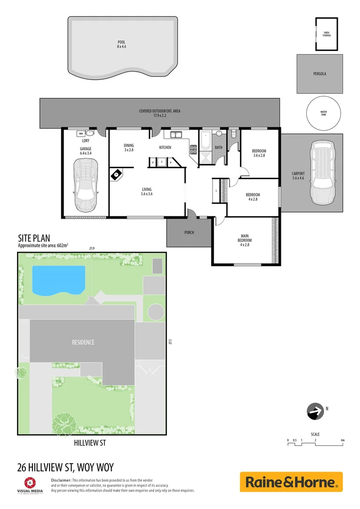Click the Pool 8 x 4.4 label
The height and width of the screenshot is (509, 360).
(x=122, y=44)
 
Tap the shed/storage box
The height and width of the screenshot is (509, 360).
(x=326, y=34)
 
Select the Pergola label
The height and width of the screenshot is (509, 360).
(x=319, y=74)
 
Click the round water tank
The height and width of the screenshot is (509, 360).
(x=323, y=113)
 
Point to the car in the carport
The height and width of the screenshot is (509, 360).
(x=322, y=173)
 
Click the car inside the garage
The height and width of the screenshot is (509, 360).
(x=86, y=184)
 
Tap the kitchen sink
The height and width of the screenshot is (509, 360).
(x=176, y=135)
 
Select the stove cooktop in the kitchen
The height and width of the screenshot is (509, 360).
(x=193, y=150)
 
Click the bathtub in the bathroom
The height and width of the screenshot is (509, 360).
(x=206, y=142)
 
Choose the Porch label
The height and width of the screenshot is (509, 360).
(x=188, y=232)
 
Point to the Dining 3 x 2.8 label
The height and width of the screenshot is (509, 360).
(x=129, y=148)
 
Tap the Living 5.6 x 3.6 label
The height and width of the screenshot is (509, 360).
(x=147, y=192)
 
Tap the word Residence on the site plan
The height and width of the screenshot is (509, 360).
(x=83, y=342)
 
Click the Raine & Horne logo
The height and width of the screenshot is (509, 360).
(x=291, y=482)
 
